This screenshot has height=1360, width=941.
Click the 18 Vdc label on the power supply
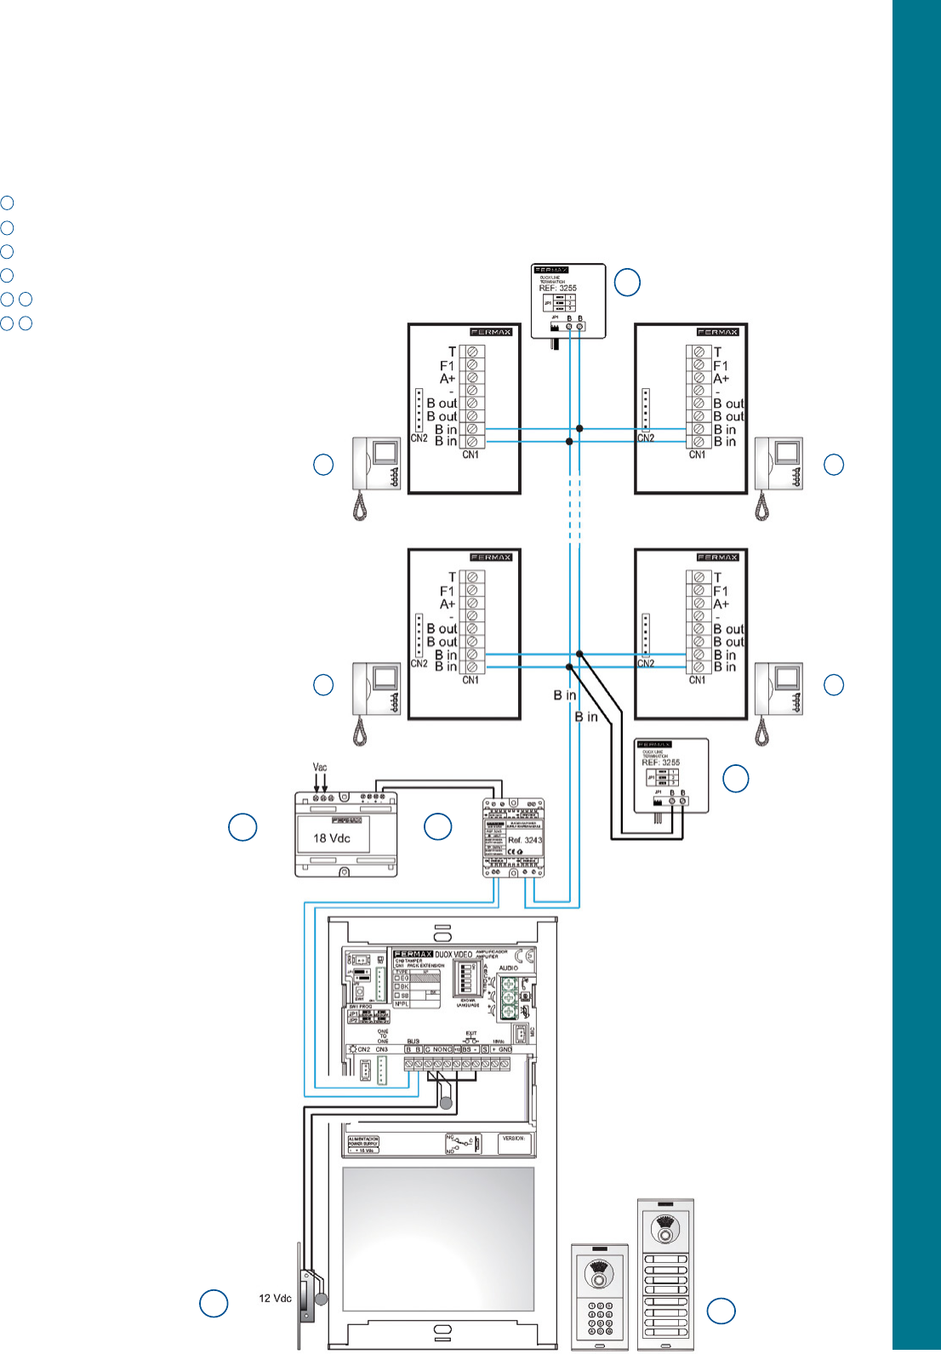tap(331, 838)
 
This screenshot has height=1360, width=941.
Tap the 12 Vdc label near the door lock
tap(275, 1299)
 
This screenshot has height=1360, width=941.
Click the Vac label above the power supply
tap(320, 767)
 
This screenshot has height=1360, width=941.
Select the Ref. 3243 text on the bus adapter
tap(524, 840)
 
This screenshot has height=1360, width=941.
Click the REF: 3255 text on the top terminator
tap(557, 289)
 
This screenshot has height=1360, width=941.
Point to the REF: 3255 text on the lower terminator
tap(660, 763)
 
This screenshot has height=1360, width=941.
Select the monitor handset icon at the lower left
tap(375, 700)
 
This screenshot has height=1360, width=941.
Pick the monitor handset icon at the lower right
tap(778, 700)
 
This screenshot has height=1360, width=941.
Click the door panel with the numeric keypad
tap(599, 1296)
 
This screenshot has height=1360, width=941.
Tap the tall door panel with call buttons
tap(665, 1274)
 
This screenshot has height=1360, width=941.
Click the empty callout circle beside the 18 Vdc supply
tap(242, 827)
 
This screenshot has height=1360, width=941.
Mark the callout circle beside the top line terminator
tap(627, 283)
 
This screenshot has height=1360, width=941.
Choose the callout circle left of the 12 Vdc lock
tap(214, 1304)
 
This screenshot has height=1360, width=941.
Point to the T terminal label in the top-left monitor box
tap(452, 351)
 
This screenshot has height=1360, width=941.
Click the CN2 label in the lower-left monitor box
tap(419, 664)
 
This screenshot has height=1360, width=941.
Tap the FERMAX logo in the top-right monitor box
tap(717, 332)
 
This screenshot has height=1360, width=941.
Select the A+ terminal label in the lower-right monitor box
tap(721, 604)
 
